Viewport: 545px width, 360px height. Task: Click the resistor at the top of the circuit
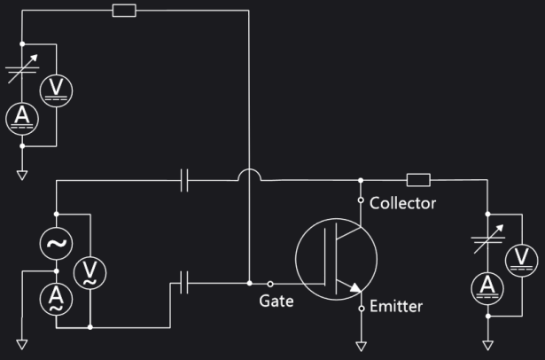[x=125, y=11]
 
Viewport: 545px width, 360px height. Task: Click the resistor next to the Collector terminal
[x=419, y=180]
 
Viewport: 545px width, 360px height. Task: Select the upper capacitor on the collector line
[x=184, y=180]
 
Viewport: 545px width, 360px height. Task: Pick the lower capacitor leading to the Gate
[x=184, y=284]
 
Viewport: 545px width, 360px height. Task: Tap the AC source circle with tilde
[x=56, y=243]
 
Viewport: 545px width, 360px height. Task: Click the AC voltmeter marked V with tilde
[x=89, y=272]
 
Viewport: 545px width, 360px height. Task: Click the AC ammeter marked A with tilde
[x=56, y=297]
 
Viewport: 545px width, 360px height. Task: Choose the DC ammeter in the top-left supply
[x=21, y=118]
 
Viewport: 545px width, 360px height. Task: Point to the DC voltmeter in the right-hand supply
[x=521, y=259]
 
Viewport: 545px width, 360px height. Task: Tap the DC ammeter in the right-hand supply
[x=487, y=285]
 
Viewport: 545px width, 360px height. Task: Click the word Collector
[x=403, y=203]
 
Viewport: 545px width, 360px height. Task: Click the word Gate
[x=276, y=301]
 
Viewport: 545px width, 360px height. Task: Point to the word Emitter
[x=395, y=307]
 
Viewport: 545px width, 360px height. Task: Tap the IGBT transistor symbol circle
[x=336, y=259]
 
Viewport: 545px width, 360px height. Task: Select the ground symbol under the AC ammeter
[x=21, y=344]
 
